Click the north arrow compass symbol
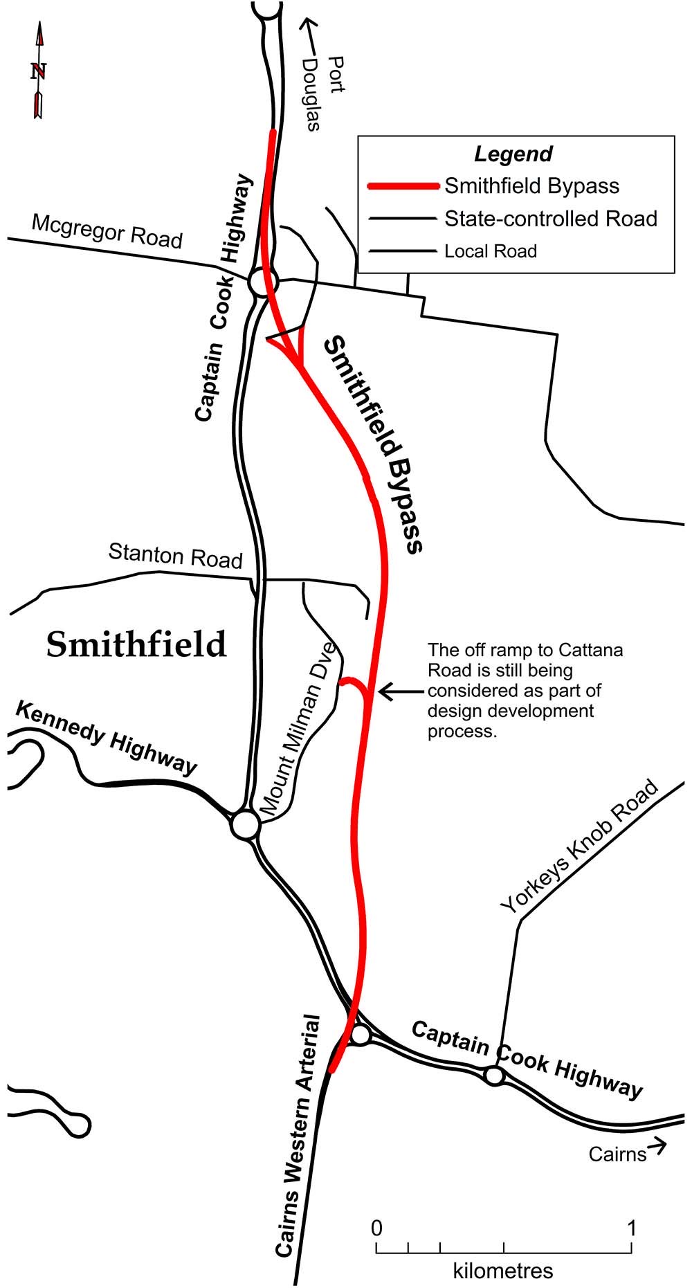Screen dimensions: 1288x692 point(39,71)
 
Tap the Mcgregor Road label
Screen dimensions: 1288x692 point(107,231)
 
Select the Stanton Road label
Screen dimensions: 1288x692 point(175,555)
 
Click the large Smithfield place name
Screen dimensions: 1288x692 point(136,644)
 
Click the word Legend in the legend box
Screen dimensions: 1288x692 point(513,154)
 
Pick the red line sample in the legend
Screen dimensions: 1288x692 point(403,186)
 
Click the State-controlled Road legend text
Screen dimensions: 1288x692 point(550,219)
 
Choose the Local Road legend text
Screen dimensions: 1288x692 point(490,251)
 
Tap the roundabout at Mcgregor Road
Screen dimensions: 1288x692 point(263,282)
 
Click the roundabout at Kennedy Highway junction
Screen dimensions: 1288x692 point(245,825)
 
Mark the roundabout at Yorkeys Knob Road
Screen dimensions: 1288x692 point(493,1076)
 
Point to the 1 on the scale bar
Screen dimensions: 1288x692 point(631,1228)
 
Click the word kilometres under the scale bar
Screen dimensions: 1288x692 point(503,1271)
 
